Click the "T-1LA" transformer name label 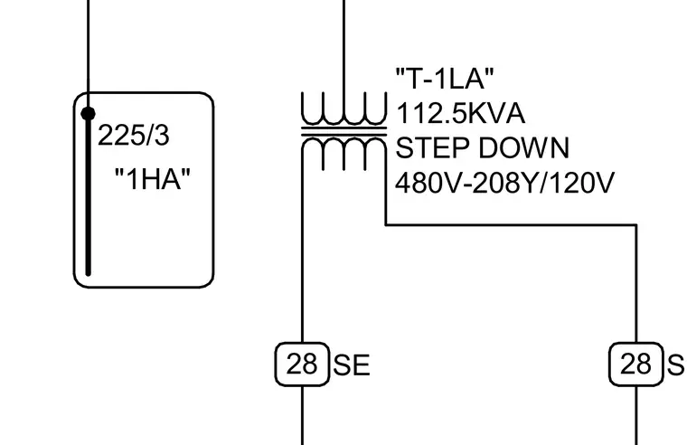coord(445,79)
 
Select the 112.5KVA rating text coord(460,114)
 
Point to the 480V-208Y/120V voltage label coord(504,183)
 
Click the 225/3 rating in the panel coord(133,135)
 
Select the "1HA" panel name coord(153,179)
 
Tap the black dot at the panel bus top coord(88,114)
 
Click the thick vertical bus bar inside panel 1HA coord(88,195)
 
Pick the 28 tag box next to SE coord(302,365)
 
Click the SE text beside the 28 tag coord(352,365)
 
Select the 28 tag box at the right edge coord(636,365)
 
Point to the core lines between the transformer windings coord(343,131)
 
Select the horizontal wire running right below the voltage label coord(511,225)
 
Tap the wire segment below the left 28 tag coord(302,415)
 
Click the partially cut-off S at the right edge coord(676,365)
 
